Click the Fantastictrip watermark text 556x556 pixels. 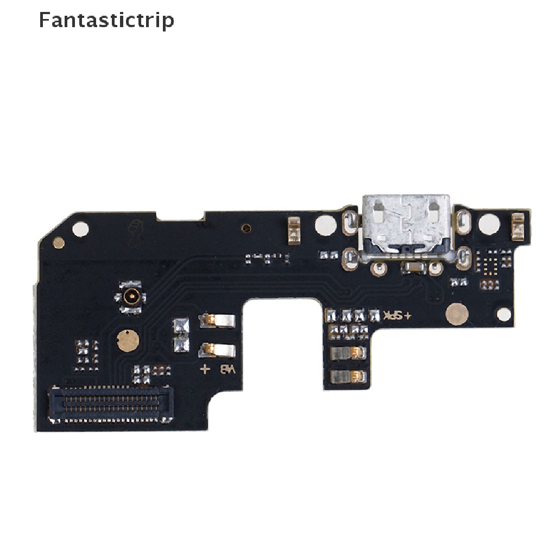(106, 20)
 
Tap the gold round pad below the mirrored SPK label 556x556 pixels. (457, 314)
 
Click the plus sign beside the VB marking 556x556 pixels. (205, 370)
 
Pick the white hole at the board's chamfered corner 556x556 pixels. (81, 229)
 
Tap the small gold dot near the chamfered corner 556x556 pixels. (59, 243)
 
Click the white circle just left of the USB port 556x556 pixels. (325, 224)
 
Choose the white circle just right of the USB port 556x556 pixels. (489, 224)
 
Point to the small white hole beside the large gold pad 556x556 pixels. (503, 314)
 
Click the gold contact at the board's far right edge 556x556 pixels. (517, 227)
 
